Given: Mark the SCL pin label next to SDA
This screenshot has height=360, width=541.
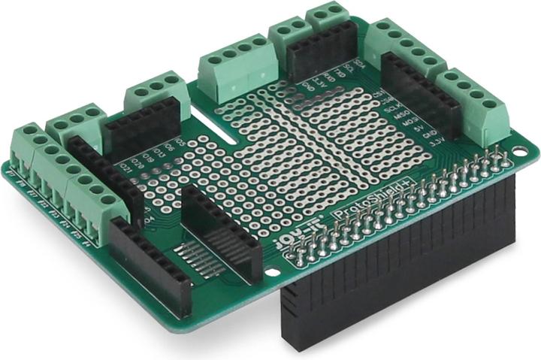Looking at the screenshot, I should [348, 70].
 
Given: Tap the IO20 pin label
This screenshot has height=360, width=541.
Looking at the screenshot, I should [137, 162].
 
